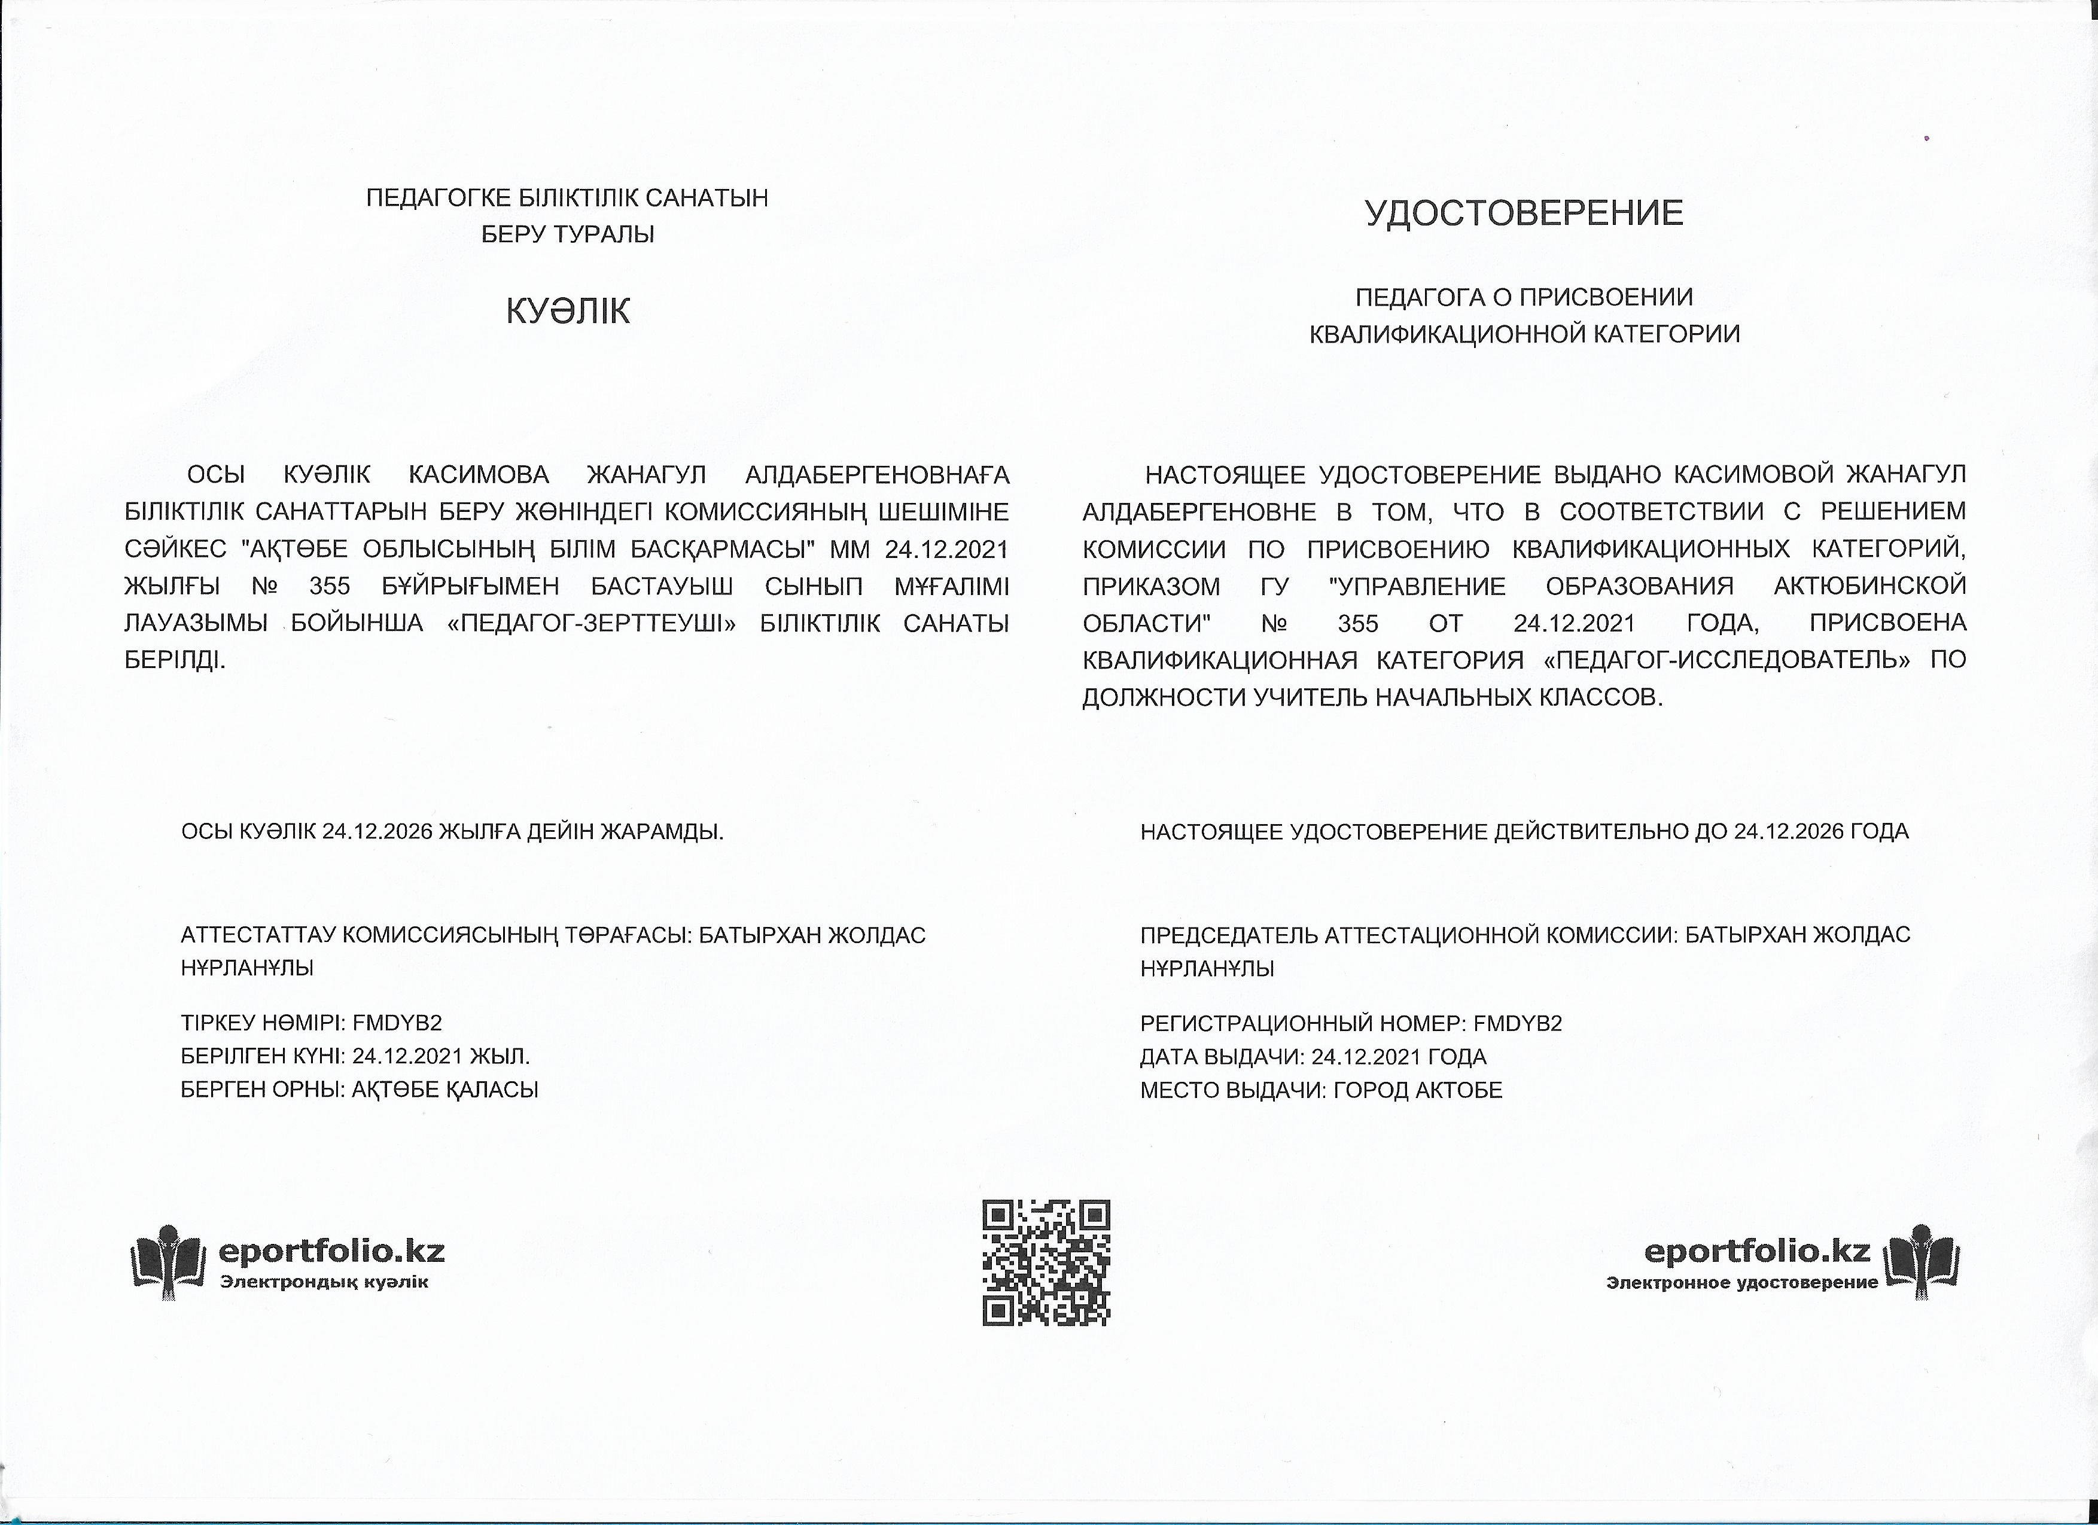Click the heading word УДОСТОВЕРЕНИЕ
[x=1524, y=213]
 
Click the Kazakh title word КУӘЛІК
[x=567, y=311]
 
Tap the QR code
[x=1045, y=1262]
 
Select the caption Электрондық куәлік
[x=324, y=1282]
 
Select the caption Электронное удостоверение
[x=1742, y=1283]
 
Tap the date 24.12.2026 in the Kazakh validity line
[x=377, y=831]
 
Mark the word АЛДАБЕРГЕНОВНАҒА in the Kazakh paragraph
[x=877, y=475]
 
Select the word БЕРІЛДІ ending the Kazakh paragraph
[x=175, y=660]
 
